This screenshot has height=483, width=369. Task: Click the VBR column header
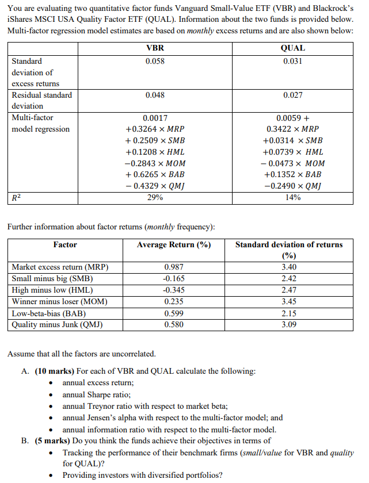pos(155,48)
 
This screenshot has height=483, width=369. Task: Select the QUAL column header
pos(292,48)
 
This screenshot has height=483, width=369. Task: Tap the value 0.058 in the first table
pos(155,61)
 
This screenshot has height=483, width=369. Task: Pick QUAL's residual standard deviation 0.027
pos(292,95)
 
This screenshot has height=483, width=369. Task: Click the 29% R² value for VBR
pos(155,197)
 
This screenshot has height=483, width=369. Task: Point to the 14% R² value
pos(292,197)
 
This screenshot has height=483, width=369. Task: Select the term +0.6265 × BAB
pos(155,174)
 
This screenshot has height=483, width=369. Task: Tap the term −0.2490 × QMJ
pos(292,186)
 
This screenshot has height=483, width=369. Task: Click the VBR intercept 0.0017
pos(155,118)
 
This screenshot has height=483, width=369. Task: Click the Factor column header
pos(65,245)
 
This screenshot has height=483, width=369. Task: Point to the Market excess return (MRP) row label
pos(60,267)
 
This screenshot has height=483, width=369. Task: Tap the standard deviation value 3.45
pos(288,301)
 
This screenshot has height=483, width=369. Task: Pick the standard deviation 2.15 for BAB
pos(288,313)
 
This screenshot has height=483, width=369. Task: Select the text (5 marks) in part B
pos(52,442)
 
